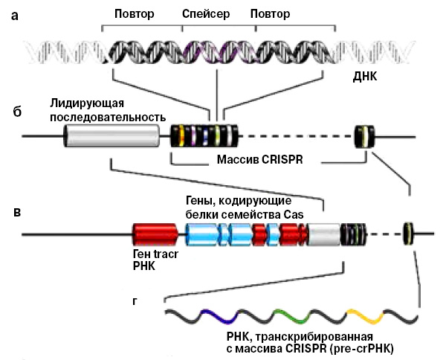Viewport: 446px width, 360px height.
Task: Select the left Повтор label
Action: (x=136, y=14)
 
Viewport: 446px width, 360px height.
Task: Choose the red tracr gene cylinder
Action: (x=154, y=234)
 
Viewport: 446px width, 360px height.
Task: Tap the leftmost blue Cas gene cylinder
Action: (x=199, y=234)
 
